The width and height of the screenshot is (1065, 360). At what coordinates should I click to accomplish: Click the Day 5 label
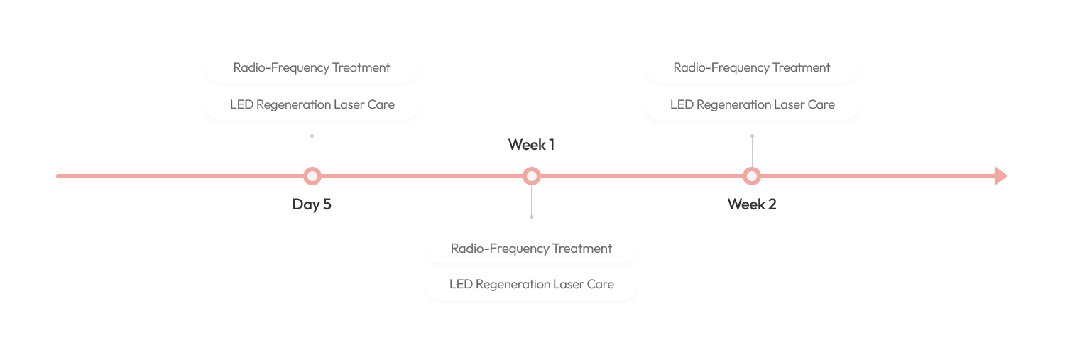tap(312, 205)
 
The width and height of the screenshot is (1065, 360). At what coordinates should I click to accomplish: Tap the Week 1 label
tap(531, 145)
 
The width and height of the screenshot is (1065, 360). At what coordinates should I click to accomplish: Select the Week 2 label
tap(752, 204)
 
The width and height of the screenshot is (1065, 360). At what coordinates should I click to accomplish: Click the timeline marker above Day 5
tap(312, 176)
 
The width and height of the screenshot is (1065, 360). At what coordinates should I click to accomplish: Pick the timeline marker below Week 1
tap(532, 176)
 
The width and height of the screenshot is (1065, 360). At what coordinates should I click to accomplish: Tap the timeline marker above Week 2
tap(752, 176)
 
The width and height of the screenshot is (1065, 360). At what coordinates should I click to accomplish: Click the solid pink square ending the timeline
tap(1000, 175)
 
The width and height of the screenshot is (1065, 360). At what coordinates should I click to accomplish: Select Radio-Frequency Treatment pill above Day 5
tap(312, 68)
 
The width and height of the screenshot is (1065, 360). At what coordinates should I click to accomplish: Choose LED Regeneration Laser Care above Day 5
tap(312, 104)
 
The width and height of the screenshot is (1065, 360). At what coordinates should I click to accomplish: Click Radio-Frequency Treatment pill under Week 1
tap(531, 249)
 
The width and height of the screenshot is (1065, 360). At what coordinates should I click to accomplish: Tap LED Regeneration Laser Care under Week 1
tap(531, 284)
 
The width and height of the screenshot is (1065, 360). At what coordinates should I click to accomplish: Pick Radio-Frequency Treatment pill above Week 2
tap(752, 68)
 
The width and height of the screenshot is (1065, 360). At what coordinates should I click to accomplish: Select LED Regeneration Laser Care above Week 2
tap(752, 104)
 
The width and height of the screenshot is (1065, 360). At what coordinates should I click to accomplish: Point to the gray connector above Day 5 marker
tap(312, 150)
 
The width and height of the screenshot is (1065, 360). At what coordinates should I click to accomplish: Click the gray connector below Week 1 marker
tap(532, 202)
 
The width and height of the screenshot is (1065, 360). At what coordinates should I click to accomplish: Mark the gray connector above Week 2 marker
tap(752, 150)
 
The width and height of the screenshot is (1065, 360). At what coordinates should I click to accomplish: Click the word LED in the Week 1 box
tap(461, 284)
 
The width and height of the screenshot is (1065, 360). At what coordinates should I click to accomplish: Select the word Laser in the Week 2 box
tap(787, 104)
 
